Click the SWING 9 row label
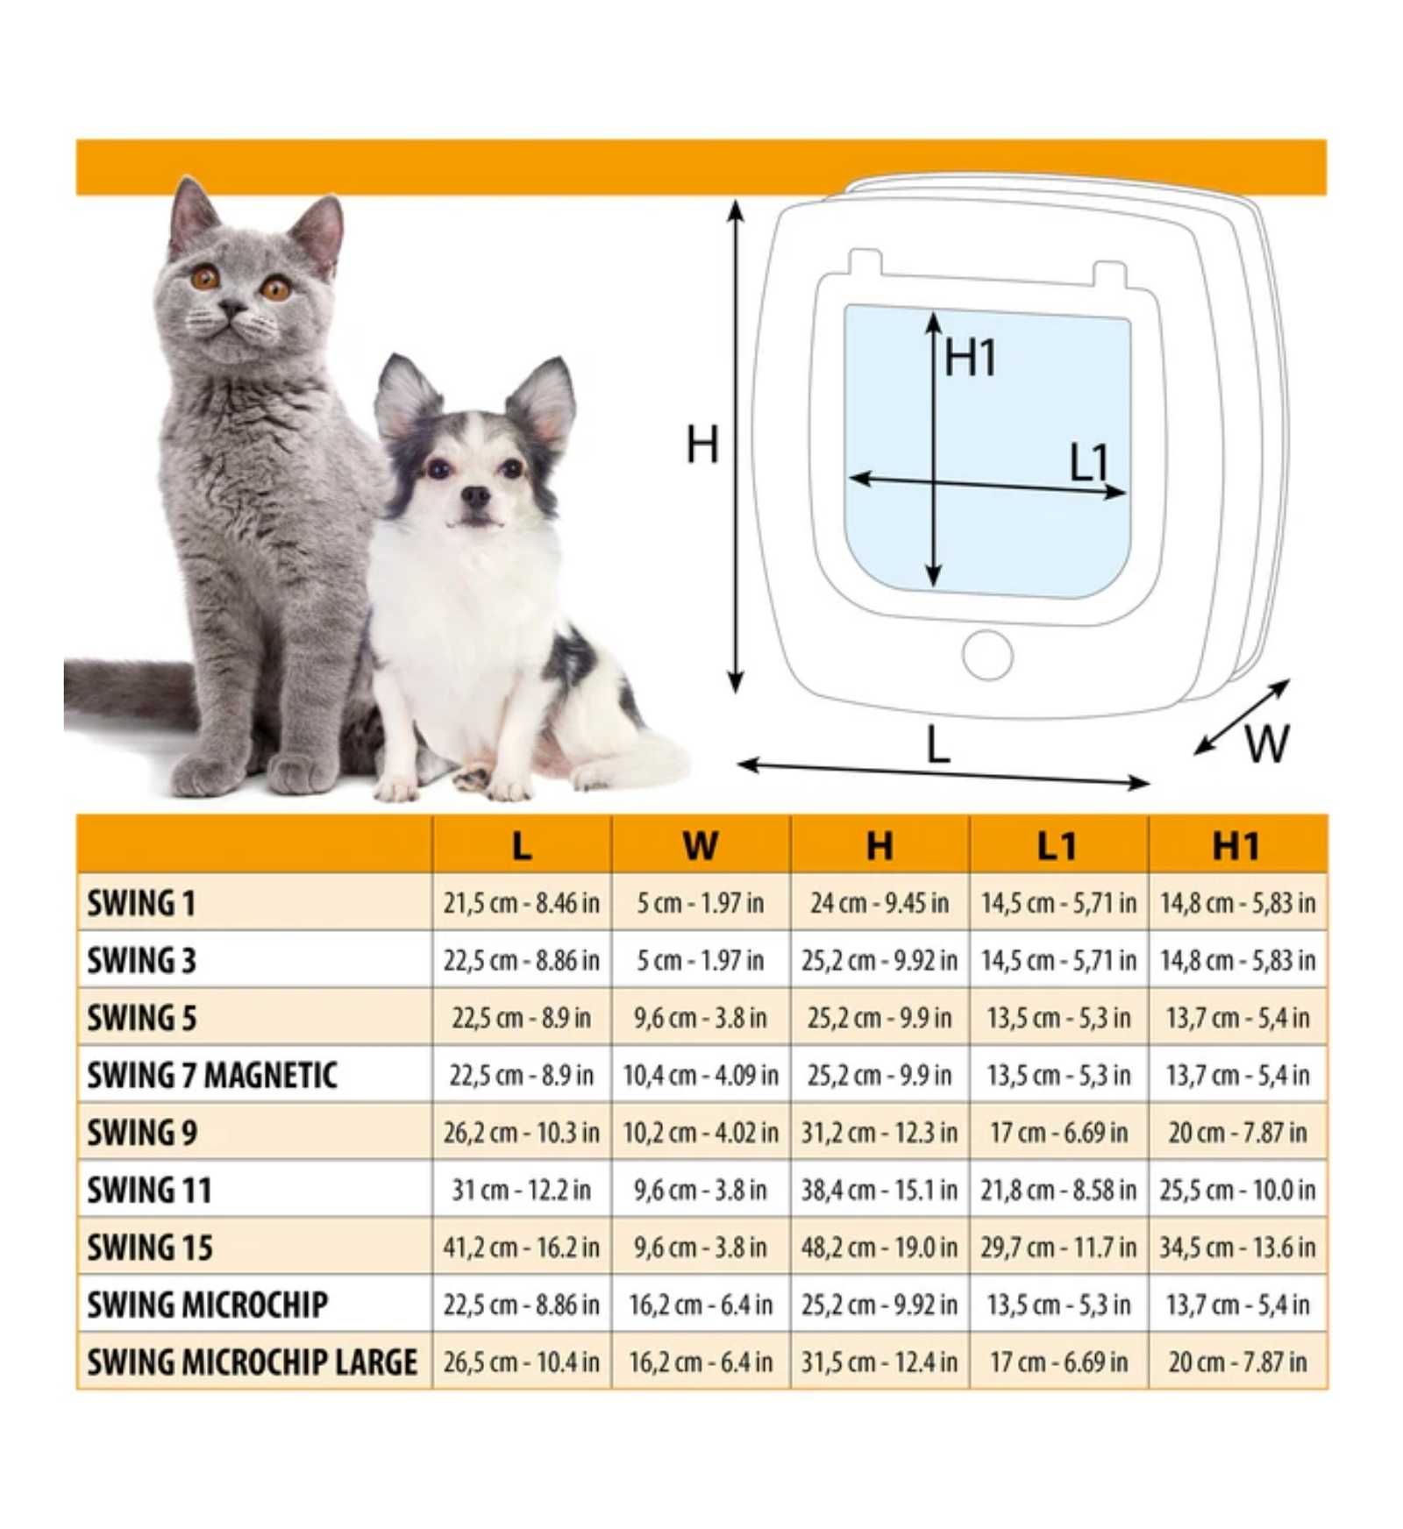141,1132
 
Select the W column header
700,845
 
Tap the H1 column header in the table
1236,845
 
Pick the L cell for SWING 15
521,1247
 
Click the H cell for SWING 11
879,1190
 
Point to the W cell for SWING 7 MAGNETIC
700,1075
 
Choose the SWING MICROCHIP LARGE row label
252,1362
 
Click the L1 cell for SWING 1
1058,903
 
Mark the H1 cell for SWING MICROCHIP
1236,1305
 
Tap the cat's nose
233,308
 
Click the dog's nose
475,496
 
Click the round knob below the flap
987,655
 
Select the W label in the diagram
1266,744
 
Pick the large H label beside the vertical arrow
701,444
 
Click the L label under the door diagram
937,745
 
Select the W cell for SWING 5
700,1018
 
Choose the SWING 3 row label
141,960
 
